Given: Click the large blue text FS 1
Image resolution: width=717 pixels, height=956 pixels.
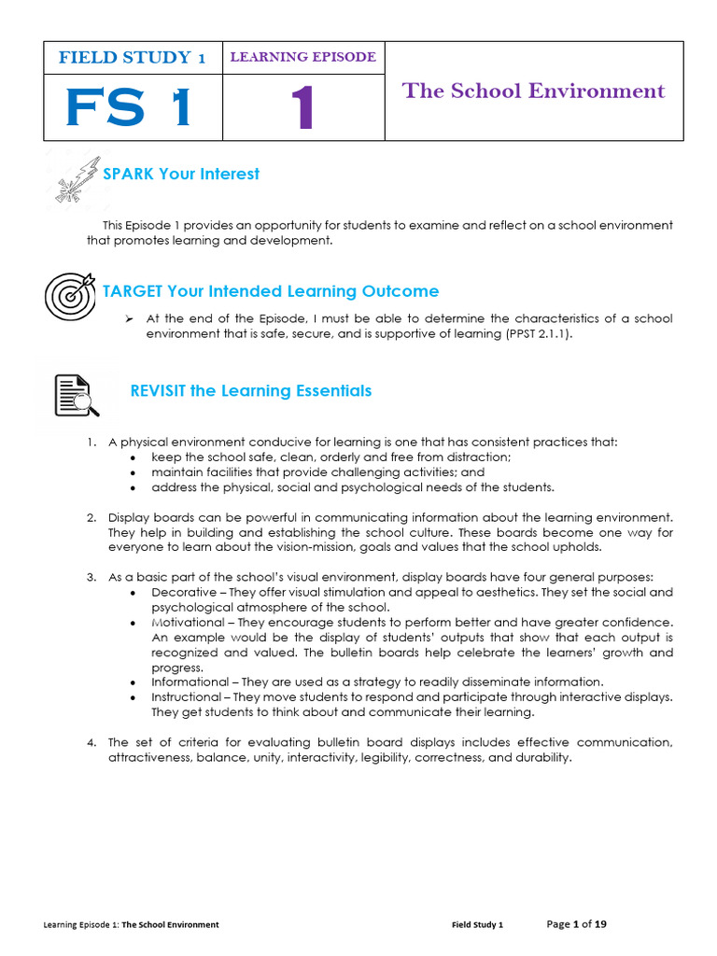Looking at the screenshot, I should tap(129, 108).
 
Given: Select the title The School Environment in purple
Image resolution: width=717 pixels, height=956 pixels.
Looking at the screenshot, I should tap(533, 91).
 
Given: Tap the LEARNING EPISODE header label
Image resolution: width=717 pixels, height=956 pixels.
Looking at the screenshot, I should tap(302, 57).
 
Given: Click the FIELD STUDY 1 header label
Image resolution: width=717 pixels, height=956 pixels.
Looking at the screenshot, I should tap(132, 57).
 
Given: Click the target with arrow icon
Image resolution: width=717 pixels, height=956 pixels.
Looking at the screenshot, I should tap(69, 296).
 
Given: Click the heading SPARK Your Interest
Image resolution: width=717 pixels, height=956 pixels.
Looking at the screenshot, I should tap(181, 174).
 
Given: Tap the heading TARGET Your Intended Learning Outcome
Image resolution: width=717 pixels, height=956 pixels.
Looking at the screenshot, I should tap(271, 291).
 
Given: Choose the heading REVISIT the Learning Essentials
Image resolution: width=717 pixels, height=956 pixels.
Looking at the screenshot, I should tap(250, 390).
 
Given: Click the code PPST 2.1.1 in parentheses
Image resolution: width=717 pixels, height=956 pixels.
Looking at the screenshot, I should tap(533, 334).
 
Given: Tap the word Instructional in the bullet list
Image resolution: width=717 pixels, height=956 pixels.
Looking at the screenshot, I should tap(188, 696).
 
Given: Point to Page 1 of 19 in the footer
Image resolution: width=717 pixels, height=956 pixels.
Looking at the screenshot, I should tap(576, 924).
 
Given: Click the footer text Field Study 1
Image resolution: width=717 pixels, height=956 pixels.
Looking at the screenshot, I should tap(477, 925).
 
